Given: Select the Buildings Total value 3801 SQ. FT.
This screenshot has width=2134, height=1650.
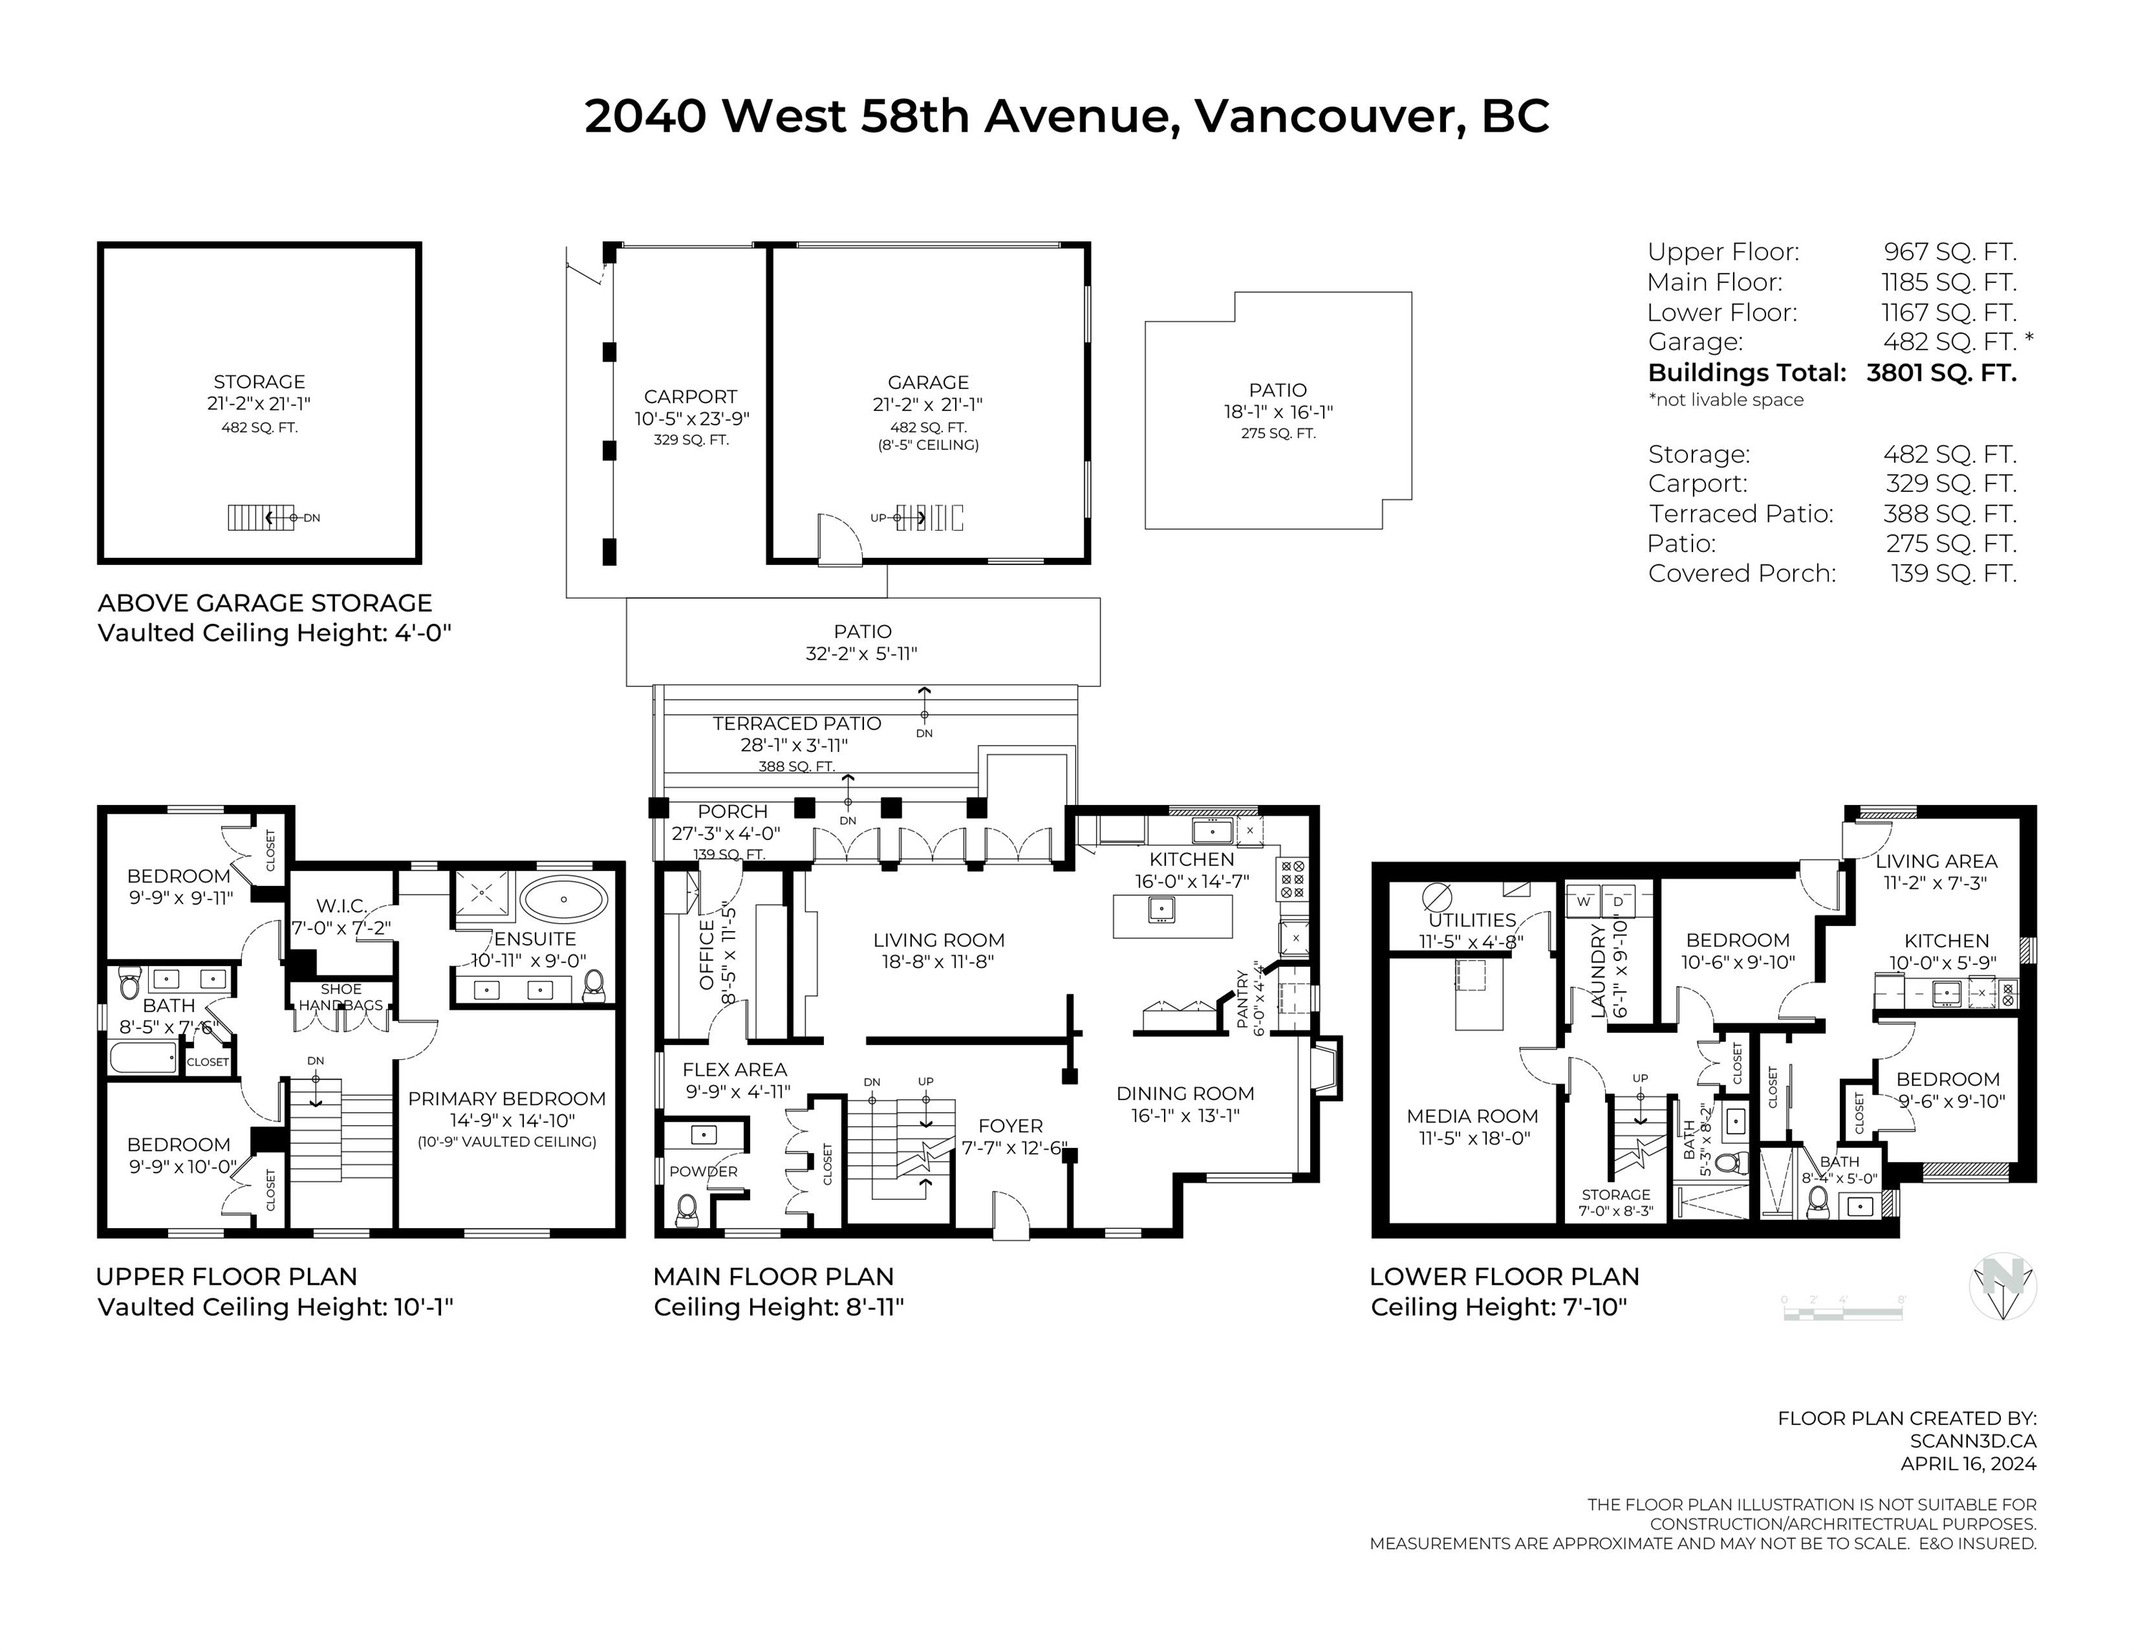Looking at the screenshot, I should click(x=1941, y=372).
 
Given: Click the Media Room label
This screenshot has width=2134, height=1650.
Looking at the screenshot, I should click(x=1472, y=1116).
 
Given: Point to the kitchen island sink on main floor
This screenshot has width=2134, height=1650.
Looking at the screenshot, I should click(x=1161, y=909).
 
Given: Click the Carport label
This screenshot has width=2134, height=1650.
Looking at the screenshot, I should click(x=690, y=397).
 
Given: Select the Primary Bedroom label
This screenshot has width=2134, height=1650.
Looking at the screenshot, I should click(x=506, y=1099).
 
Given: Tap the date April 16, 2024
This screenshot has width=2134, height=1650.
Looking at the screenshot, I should click(x=1968, y=1463).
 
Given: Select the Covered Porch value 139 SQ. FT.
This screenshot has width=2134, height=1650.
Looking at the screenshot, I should click(x=1953, y=574).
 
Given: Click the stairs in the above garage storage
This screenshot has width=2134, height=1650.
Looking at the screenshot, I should click(x=261, y=517).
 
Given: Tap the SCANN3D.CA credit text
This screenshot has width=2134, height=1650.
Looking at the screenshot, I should click(x=1973, y=1441).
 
